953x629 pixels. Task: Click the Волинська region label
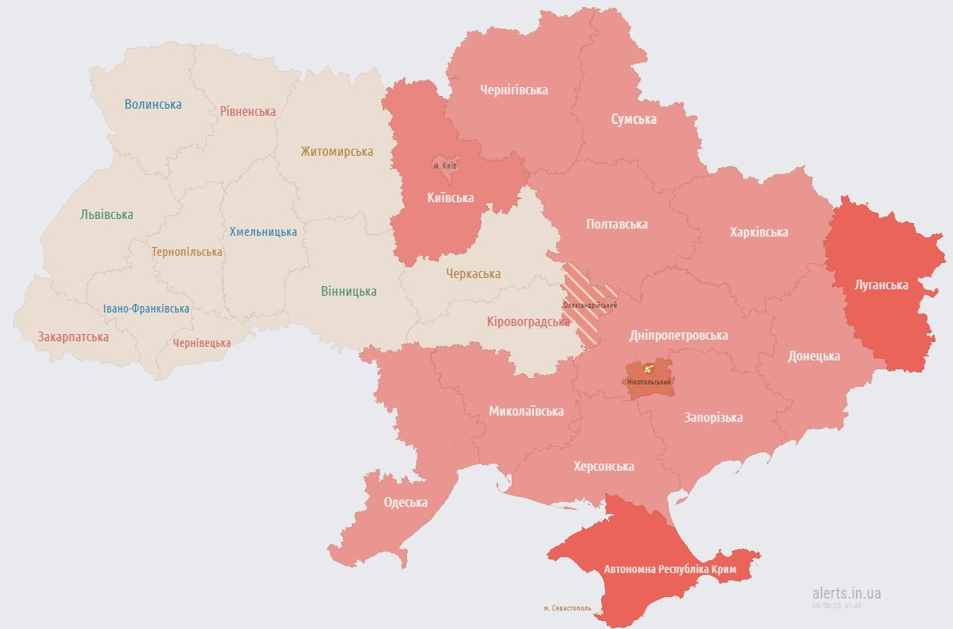pyautogui.click(x=153, y=104)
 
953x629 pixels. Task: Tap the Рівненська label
pyautogui.click(x=248, y=111)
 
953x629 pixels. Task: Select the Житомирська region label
pyautogui.click(x=337, y=151)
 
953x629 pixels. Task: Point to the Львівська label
pyautogui.click(x=106, y=214)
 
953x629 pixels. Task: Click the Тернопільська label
pyautogui.click(x=187, y=252)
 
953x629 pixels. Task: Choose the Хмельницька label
pyautogui.click(x=263, y=232)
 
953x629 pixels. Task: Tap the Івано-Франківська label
pyautogui.click(x=146, y=309)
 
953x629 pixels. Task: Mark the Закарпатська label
pyautogui.click(x=73, y=336)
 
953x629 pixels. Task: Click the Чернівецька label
pyautogui.click(x=201, y=343)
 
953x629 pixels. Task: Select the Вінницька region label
pyautogui.click(x=349, y=291)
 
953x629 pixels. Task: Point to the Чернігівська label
pyautogui.click(x=514, y=90)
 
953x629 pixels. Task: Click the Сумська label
pyautogui.click(x=633, y=119)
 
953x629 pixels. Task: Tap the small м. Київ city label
pyautogui.click(x=445, y=165)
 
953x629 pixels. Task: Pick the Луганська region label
pyautogui.click(x=880, y=285)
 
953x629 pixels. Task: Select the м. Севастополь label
pyautogui.click(x=567, y=608)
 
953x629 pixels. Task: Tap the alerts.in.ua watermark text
pyautogui.click(x=847, y=593)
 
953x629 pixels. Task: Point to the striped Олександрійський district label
pyautogui.click(x=590, y=306)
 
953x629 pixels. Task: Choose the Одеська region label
pyautogui.click(x=405, y=503)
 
